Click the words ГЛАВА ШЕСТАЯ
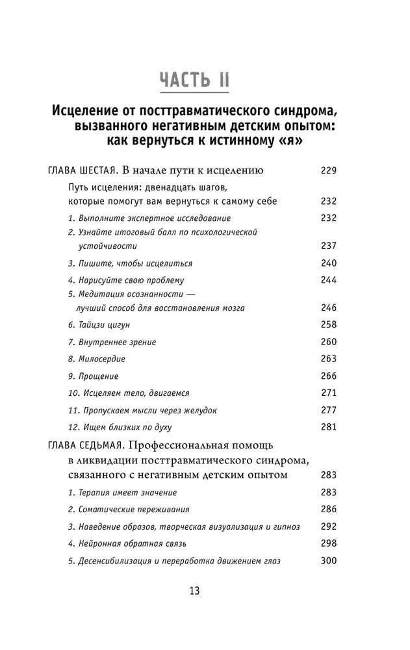(x=82, y=172)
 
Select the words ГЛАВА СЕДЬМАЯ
(x=85, y=445)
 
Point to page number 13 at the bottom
(x=194, y=591)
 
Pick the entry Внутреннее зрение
(x=112, y=342)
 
